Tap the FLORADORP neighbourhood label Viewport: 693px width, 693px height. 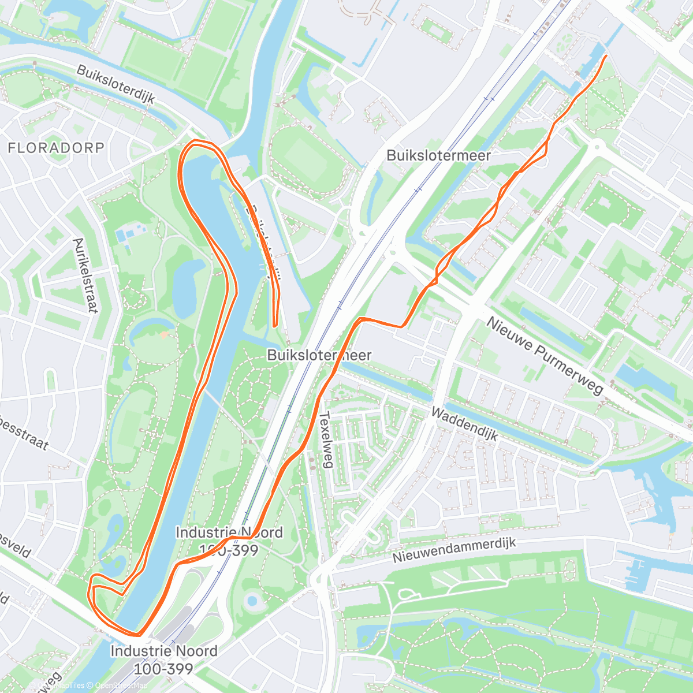(x=56, y=148)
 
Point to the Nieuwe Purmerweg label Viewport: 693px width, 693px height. (x=545, y=356)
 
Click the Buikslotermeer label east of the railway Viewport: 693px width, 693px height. (x=438, y=155)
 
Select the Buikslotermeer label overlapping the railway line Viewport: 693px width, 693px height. (x=319, y=355)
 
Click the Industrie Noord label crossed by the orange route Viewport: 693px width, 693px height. (x=229, y=541)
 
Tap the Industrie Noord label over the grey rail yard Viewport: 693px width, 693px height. (x=164, y=660)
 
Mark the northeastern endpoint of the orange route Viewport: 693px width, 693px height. (x=605, y=57)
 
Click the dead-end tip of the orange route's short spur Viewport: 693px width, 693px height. (x=274, y=326)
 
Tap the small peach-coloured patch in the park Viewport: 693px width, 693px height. (x=165, y=334)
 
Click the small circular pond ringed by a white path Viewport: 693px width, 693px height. (x=252, y=601)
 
